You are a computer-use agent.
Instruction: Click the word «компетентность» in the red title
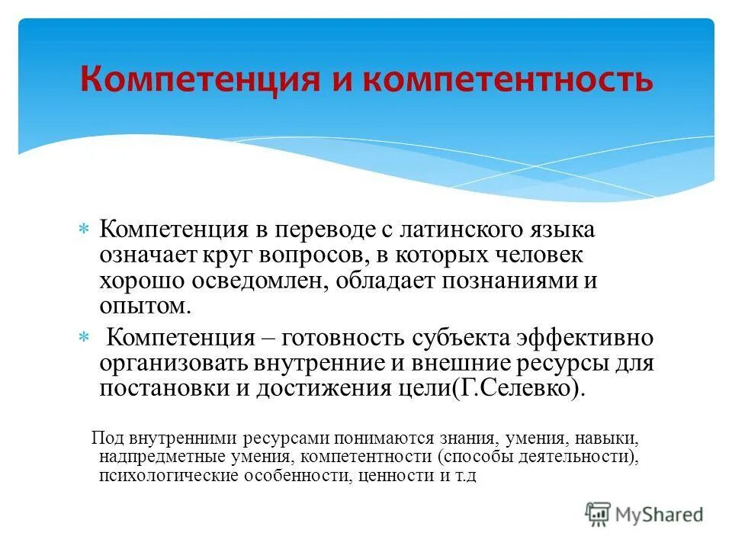coord(508,79)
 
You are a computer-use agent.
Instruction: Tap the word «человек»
coord(530,255)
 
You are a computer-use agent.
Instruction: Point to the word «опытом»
coord(143,307)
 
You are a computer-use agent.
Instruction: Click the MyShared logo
coord(644,514)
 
